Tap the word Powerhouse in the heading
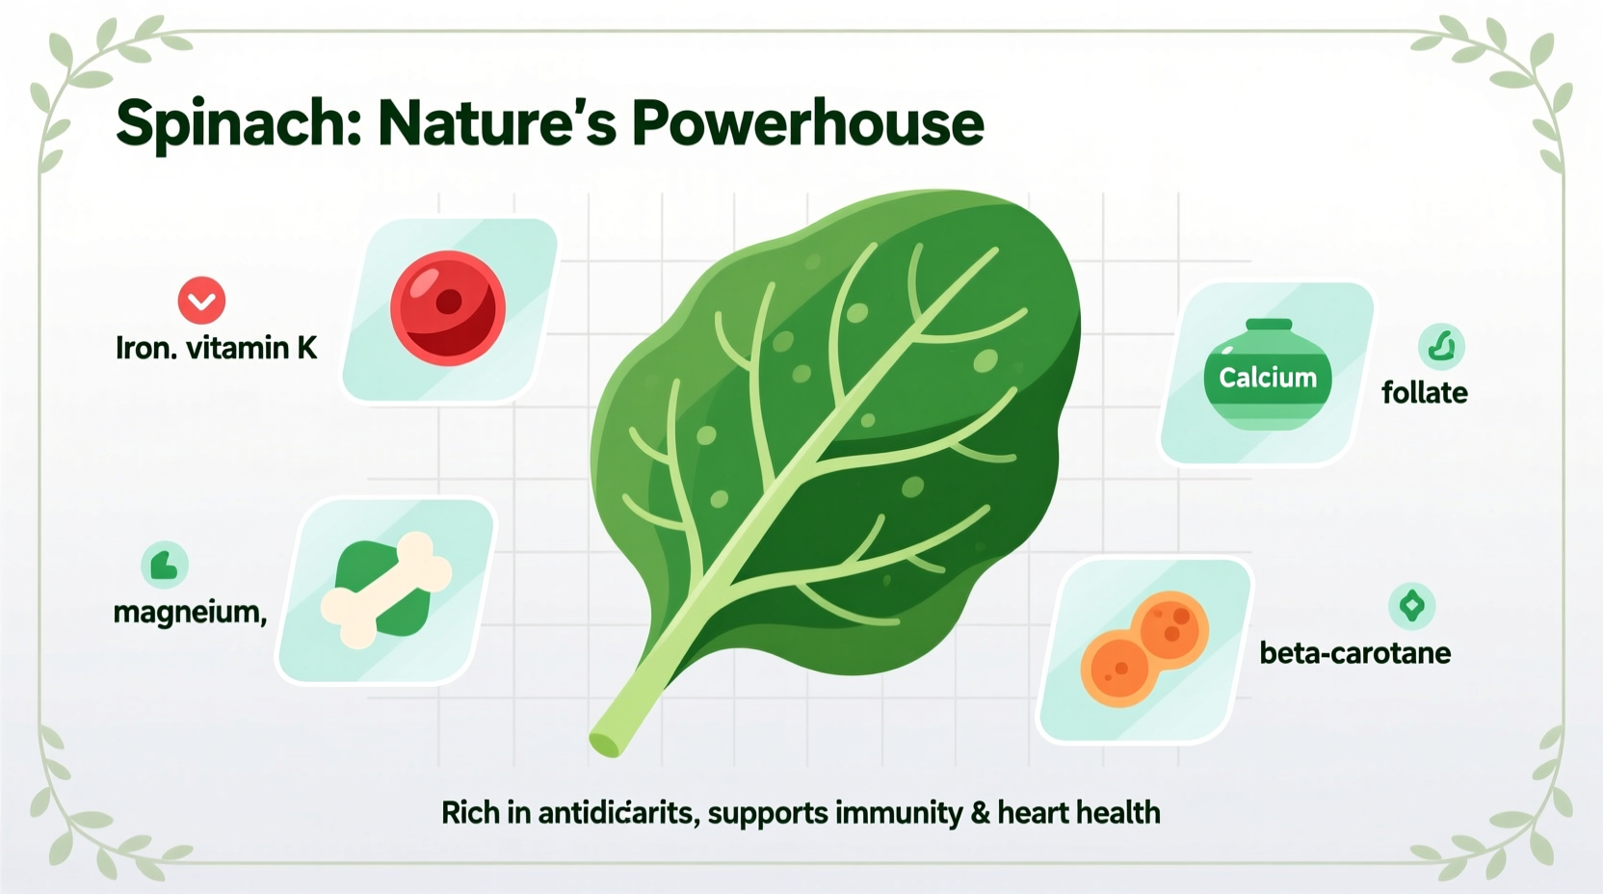point(807,124)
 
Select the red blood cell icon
point(448,308)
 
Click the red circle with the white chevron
point(201,301)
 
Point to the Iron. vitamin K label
point(216,348)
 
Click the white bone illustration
point(385,590)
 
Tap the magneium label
point(189,613)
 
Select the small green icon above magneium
point(165,565)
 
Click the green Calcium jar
point(1267,378)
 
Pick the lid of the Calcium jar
point(1269,325)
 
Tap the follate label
point(1424,393)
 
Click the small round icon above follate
point(1441,346)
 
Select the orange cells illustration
point(1144,648)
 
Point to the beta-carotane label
point(1354,653)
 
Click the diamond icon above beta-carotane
point(1412,606)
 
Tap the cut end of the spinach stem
point(605,744)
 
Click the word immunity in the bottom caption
point(899,813)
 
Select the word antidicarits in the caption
point(617,813)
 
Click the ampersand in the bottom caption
point(981,813)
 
